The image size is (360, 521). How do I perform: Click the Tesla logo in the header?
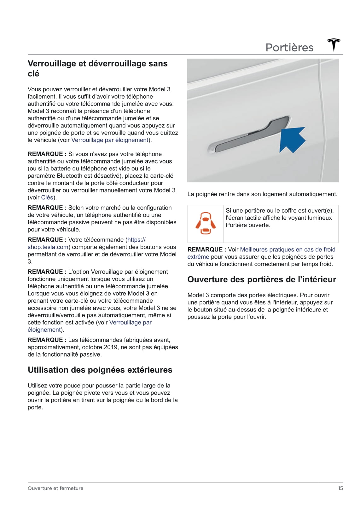[x=334, y=45]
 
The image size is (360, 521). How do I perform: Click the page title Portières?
[x=289, y=48]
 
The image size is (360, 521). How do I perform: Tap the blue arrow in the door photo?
[x=293, y=140]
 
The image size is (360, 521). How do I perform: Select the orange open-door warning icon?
[x=206, y=223]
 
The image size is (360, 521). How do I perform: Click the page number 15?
[x=340, y=488]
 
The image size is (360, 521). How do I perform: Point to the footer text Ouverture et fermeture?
[x=55, y=488]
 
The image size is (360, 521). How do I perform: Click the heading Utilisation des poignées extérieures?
[x=100, y=370]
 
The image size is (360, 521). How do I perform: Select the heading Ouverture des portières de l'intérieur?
[x=262, y=279]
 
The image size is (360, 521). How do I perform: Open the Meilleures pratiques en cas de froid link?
[x=287, y=249]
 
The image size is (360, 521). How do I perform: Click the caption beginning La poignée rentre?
[x=262, y=194]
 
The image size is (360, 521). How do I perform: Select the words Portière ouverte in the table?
[x=248, y=225]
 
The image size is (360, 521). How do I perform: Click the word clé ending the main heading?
[x=33, y=74]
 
